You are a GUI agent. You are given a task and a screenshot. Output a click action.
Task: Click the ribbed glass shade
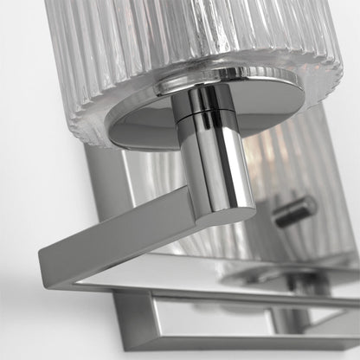click(173, 43)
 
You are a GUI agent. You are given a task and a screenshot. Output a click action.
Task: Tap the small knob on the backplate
click(297, 210)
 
